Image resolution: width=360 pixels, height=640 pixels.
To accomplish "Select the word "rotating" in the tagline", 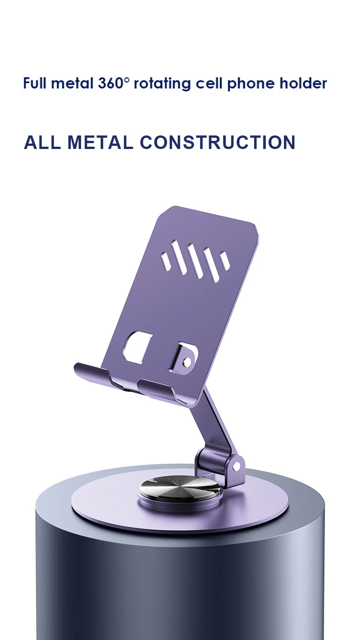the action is coord(162,84).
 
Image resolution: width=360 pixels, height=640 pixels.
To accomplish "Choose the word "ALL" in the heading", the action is coord(42,142).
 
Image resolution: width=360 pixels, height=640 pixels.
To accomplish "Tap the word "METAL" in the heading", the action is coord(100,142).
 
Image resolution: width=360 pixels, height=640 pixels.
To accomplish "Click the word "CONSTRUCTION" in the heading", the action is coord(217,142).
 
